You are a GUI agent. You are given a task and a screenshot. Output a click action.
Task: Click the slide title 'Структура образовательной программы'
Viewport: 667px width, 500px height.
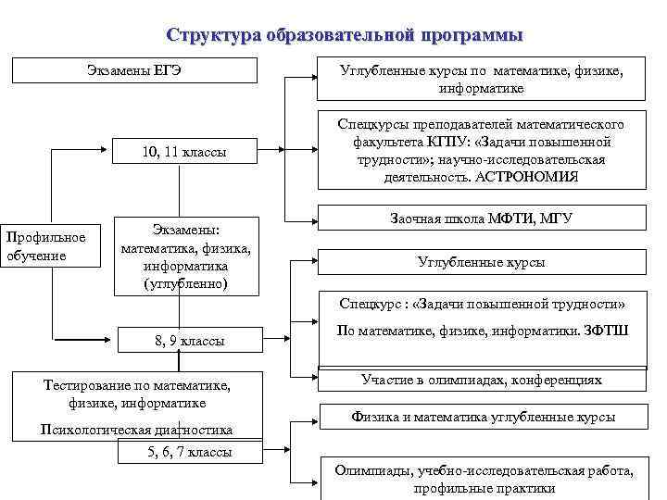(x=345, y=35)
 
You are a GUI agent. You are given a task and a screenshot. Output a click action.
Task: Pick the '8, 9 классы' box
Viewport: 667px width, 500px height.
(x=189, y=341)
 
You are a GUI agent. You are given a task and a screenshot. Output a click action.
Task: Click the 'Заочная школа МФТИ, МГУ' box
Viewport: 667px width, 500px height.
(x=482, y=219)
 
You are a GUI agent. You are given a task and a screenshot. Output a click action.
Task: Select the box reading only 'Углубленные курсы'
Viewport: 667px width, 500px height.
(x=482, y=262)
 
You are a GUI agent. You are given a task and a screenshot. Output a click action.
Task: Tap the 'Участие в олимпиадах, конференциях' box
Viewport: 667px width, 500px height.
(x=482, y=380)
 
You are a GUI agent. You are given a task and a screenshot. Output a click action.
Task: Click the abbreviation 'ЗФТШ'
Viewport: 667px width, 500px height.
(x=606, y=330)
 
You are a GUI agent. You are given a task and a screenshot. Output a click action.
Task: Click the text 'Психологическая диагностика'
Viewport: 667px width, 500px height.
(x=136, y=430)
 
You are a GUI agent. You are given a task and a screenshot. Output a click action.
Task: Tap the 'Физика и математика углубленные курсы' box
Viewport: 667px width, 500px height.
(x=482, y=417)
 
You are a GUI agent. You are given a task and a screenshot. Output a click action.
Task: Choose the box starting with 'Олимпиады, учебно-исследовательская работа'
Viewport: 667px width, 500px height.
(x=484, y=480)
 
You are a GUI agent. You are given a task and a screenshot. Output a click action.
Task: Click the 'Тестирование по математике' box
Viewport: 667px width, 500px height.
(x=136, y=394)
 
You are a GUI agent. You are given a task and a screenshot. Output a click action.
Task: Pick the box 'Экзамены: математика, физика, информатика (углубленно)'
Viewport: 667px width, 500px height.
(x=186, y=256)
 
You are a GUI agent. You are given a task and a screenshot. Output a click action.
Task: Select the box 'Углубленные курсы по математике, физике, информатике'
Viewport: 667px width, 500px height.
(x=482, y=80)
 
